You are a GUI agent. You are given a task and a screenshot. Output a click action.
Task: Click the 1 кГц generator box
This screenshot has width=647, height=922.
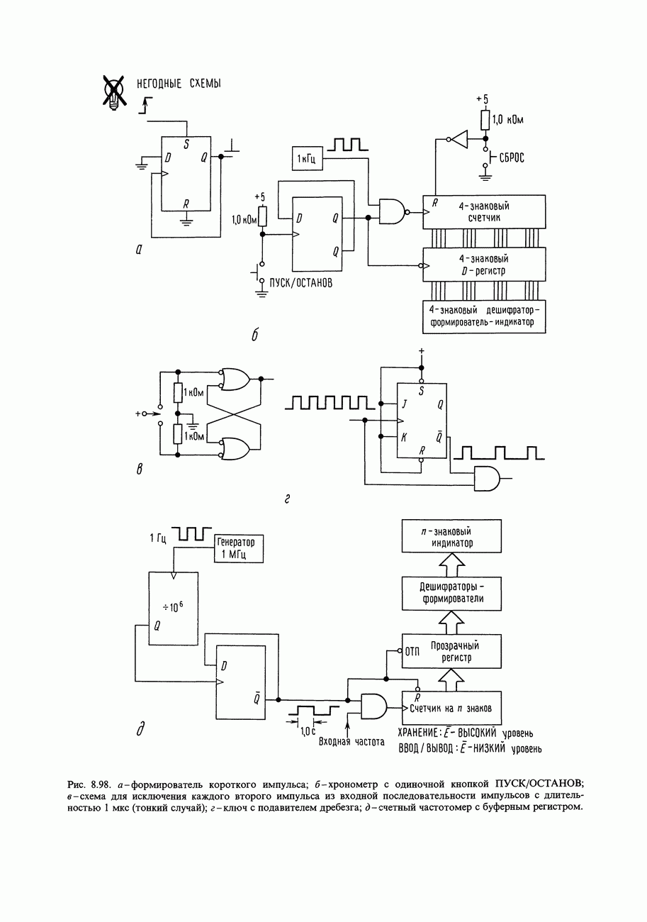pos(307,158)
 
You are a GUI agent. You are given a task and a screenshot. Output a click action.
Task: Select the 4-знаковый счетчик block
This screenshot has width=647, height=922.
pos(485,211)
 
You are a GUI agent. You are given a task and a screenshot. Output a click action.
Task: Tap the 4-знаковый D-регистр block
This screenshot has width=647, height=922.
pos(485,265)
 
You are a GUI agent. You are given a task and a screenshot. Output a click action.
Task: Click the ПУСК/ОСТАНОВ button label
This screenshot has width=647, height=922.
pos(301,282)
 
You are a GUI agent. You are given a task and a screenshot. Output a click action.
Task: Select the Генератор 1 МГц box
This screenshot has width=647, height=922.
pos(239,548)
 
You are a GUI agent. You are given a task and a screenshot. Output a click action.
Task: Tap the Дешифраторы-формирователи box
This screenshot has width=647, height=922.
pos(451,592)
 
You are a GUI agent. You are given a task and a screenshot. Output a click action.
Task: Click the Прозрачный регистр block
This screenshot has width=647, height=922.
pos(451,651)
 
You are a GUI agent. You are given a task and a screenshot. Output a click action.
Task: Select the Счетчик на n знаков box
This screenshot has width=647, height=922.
pos(451,708)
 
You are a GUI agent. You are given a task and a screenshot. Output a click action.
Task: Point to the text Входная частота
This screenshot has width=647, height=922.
pos(351,742)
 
